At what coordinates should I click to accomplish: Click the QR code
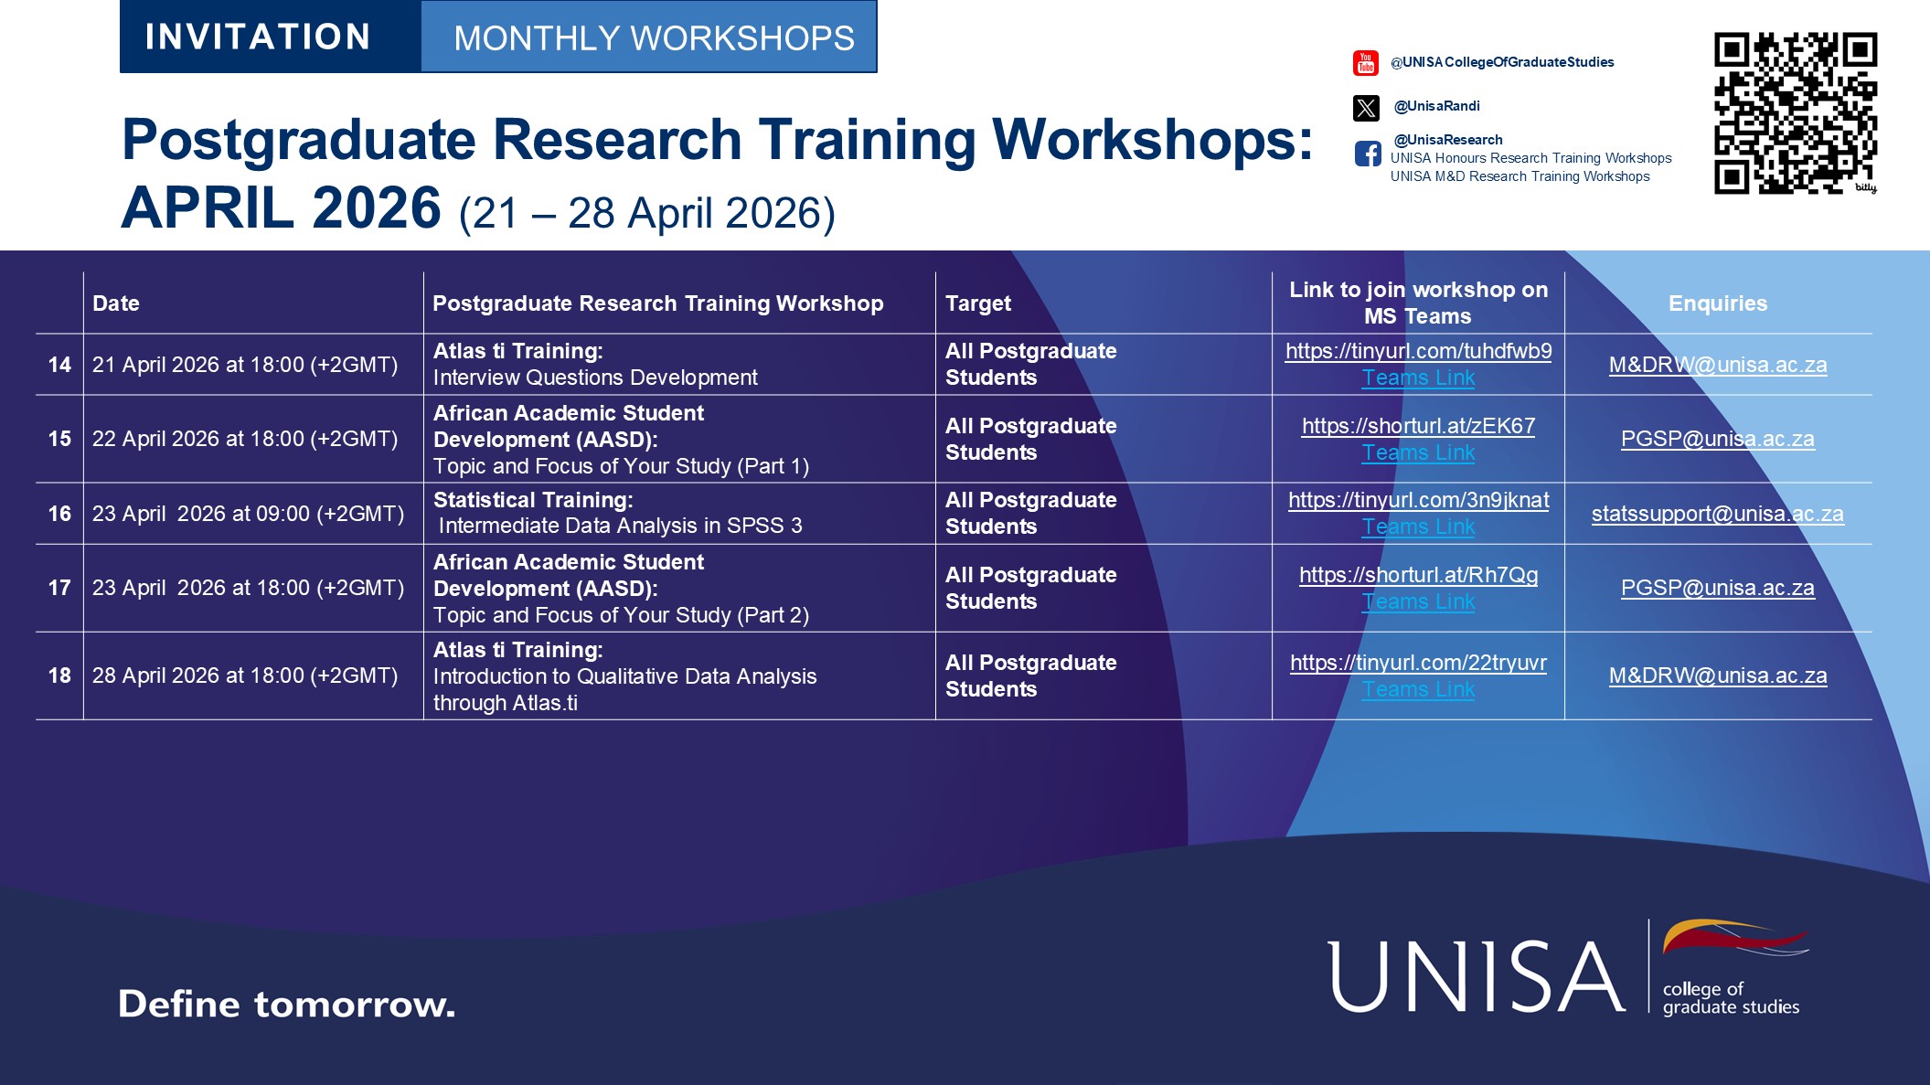[x=1795, y=112]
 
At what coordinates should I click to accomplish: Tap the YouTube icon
[x=1365, y=63]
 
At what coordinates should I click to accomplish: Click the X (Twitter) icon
[x=1366, y=108]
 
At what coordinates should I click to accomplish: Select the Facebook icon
[x=1368, y=154]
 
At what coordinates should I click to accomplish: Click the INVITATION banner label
[x=258, y=37]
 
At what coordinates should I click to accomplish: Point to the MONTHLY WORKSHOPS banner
[x=653, y=37]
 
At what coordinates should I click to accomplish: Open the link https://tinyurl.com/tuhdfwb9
[x=1418, y=351]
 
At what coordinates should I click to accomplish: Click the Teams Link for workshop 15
[x=1418, y=452]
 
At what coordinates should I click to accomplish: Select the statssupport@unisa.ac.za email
[x=1717, y=514]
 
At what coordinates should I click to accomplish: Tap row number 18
[x=59, y=675]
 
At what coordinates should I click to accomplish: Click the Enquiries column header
[x=1717, y=303]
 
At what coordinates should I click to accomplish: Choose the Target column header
[x=977, y=303]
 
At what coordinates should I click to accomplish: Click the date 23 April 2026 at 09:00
[x=248, y=514]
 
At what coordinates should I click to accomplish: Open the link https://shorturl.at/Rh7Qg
[x=1418, y=575]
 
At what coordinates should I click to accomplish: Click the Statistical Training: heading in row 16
[x=533, y=500]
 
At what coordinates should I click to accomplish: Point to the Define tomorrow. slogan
[x=286, y=1004]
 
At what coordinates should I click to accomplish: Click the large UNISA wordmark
[x=1476, y=976]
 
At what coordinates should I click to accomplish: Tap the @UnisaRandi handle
[x=1436, y=106]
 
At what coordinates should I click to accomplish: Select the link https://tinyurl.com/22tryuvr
[x=1418, y=663]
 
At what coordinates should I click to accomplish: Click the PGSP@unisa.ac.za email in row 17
[x=1717, y=588]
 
